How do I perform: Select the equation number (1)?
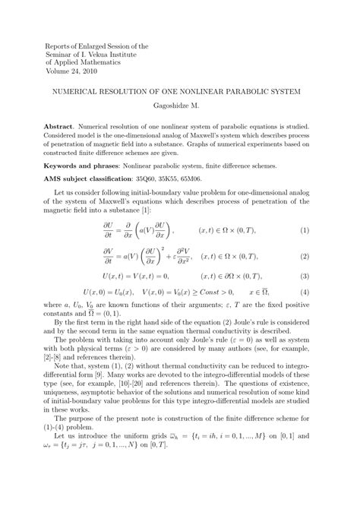click(x=305, y=231)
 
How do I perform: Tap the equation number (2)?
click(x=305, y=258)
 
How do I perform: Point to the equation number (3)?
click(x=305, y=277)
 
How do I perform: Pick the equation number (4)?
click(x=305, y=292)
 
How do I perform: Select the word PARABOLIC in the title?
click(x=244, y=91)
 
